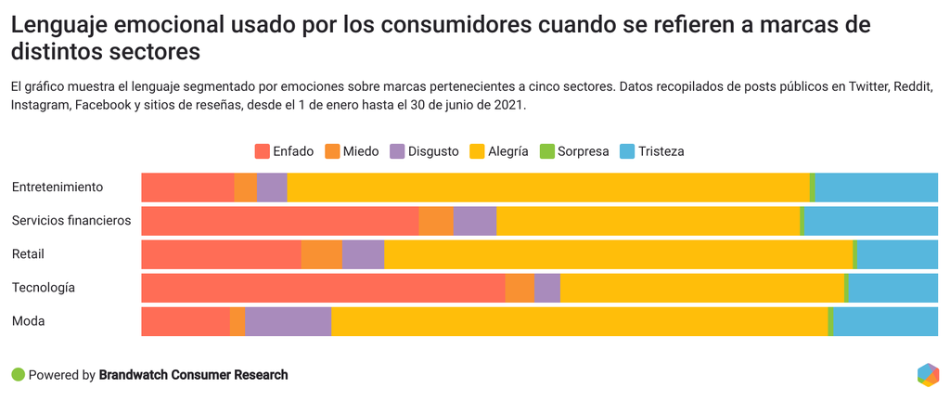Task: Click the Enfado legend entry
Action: [x=284, y=151]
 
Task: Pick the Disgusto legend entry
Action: [x=424, y=151]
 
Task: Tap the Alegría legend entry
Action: [x=500, y=151]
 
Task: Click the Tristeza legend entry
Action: [x=651, y=151]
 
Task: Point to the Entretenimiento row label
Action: [x=58, y=188]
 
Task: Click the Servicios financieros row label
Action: [x=71, y=221]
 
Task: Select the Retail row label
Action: [x=29, y=254]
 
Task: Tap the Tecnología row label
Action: [x=44, y=288]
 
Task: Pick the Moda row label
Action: [x=29, y=321]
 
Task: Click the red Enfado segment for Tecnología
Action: [x=323, y=288]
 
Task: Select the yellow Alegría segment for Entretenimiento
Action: [x=547, y=188]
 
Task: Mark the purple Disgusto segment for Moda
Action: [x=288, y=321]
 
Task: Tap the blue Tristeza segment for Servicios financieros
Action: [x=870, y=221]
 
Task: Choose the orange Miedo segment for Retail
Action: [x=322, y=254]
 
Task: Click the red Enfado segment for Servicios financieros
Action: [x=279, y=221]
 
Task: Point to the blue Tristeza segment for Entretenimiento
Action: [x=876, y=188]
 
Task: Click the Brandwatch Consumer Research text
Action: [x=194, y=375]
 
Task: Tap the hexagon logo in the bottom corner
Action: [x=928, y=375]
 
